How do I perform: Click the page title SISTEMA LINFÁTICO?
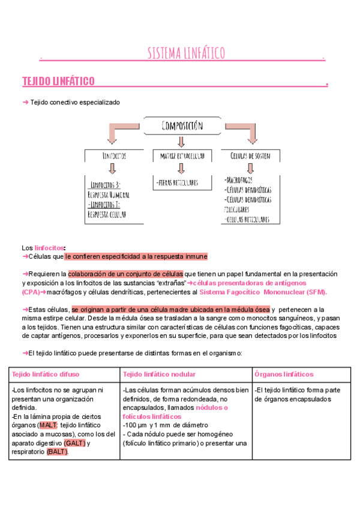pos(186,53)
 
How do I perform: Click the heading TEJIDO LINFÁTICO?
pos(58,81)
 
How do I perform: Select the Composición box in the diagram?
pos(181,126)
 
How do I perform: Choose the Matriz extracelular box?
pos(182,155)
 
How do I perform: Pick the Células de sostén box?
pos(250,155)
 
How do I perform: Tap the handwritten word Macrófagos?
pos(239,179)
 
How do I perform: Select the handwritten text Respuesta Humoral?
pos(109,194)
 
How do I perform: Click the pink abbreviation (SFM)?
pos(316,292)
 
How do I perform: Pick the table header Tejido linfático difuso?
pos(46,374)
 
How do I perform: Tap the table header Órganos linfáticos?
pos(284,374)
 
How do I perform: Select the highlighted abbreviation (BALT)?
pos(58,452)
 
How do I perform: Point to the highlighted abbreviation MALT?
pos(49,425)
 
